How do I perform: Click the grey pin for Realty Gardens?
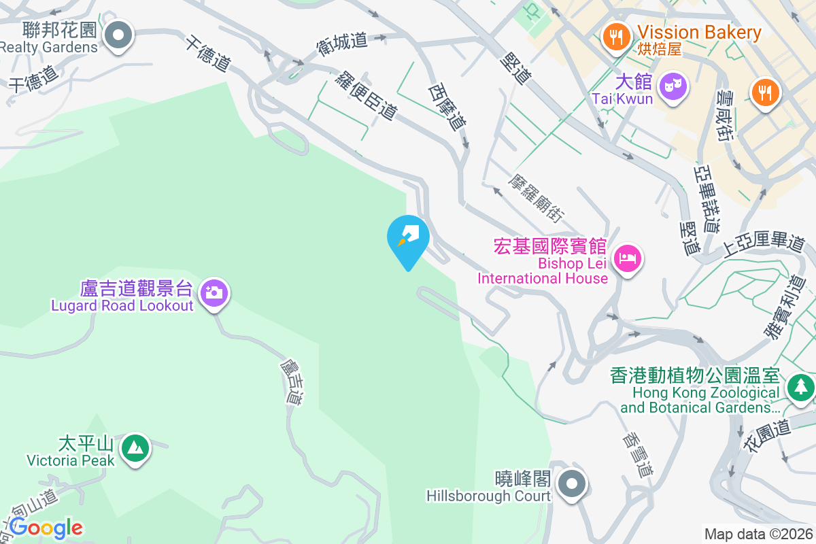pyautogui.click(x=119, y=35)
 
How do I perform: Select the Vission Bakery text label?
pyautogui.click(x=699, y=32)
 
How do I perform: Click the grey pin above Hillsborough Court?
pyautogui.click(x=571, y=485)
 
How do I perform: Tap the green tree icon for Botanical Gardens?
pyautogui.click(x=800, y=387)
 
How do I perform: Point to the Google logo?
pyautogui.click(x=46, y=527)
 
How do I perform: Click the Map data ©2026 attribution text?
pyautogui.click(x=758, y=534)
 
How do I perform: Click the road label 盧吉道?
pyautogui.click(x=290, y=382)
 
